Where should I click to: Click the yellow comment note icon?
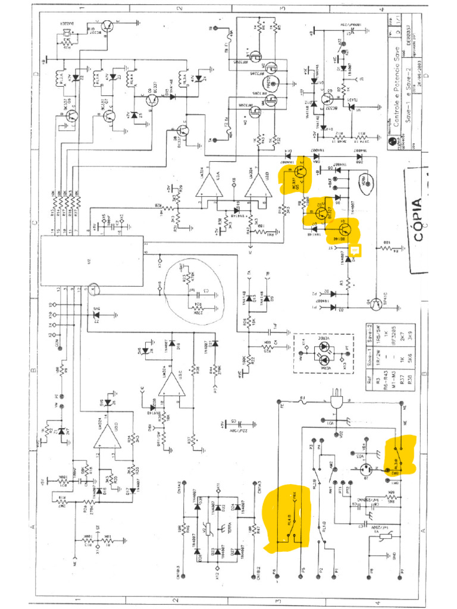point(355,251)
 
